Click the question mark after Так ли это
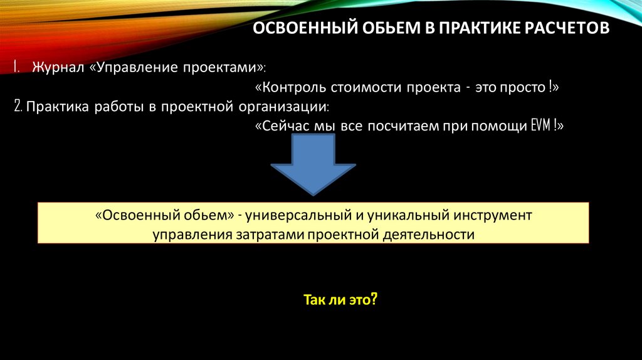coord(374,300)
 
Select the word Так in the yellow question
coord(313,300)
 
